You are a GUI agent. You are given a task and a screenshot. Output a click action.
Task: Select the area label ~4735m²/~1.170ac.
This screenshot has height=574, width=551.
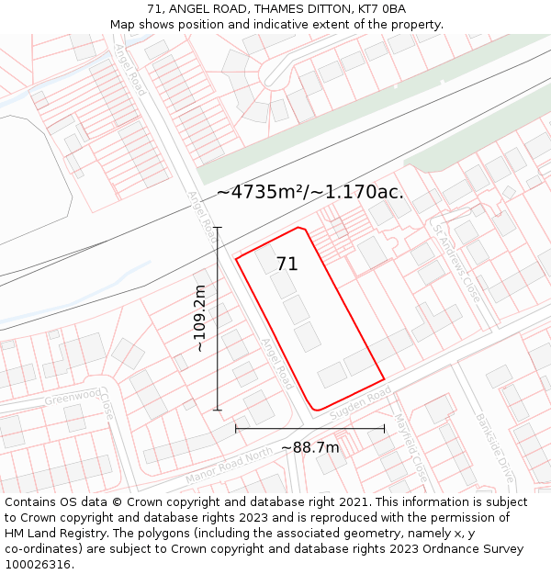click(x=310, y=192)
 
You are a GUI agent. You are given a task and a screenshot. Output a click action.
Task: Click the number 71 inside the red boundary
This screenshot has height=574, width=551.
click(x=287, y=264)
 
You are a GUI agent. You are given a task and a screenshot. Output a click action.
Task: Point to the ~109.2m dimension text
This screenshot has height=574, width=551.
click(x=199, y=319)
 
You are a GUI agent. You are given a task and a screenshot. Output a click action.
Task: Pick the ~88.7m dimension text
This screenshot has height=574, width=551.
click(x=309, y=447)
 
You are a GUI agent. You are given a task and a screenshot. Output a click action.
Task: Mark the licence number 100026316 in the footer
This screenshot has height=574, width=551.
click(x=39, y=565)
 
